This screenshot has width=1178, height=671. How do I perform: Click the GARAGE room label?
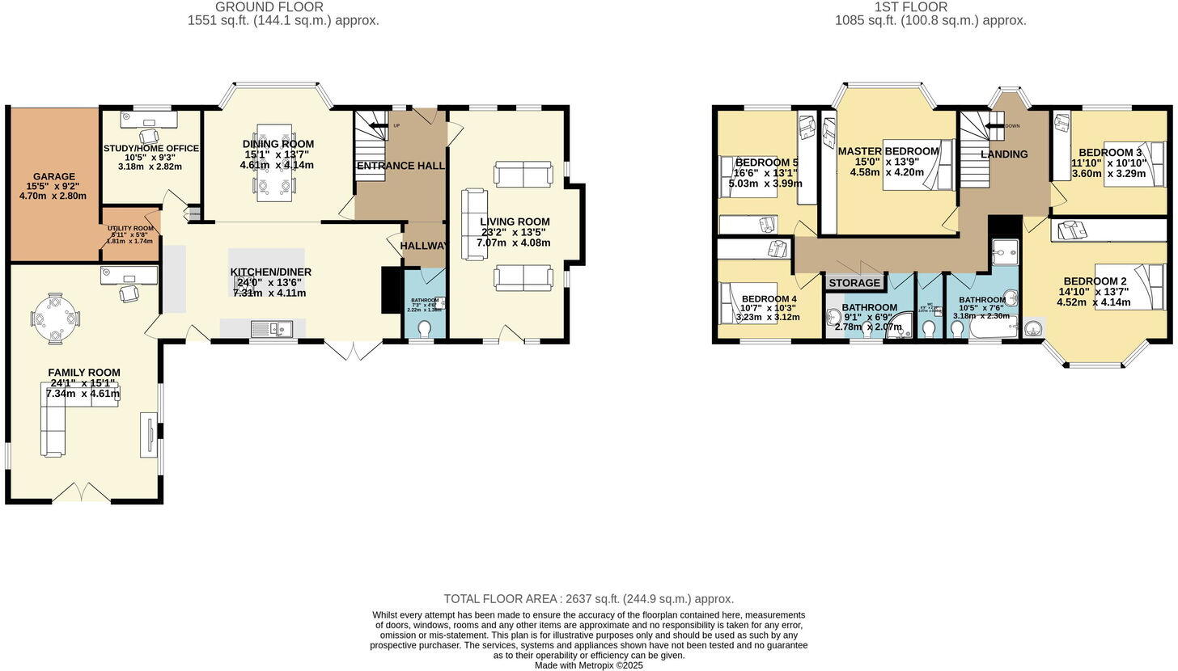(53, 176)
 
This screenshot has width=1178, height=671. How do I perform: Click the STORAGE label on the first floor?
(854, 283)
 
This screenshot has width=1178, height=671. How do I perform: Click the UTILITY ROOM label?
(130, 229)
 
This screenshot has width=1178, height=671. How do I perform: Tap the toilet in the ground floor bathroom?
(425, 329)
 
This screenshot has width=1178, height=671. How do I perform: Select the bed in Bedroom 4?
(748, 302)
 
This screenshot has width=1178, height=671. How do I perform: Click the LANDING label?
(1004, 154)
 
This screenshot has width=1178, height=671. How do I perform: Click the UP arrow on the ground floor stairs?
(379, 126)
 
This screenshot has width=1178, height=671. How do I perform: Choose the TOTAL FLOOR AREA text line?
(588, 599)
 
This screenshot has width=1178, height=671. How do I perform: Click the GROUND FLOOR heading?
(269, 7)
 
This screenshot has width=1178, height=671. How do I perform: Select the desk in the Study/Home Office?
(148, 120)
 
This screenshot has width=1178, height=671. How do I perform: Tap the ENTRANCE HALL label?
(400, 166)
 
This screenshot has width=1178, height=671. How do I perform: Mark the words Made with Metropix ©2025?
(588, 665)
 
